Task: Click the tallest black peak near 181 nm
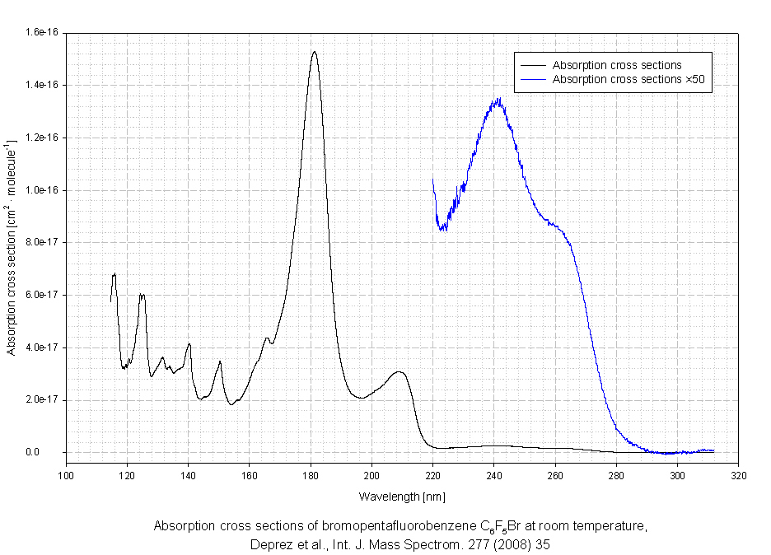point(314,52)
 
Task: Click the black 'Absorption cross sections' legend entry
point(617,65)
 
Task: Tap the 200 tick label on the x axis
point(371,475)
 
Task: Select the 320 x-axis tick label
point(738,475)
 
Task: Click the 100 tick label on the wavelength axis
point(66,475)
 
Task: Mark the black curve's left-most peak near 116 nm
point(114,274)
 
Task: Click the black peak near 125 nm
point(142,295)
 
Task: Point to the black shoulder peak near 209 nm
point(400,372)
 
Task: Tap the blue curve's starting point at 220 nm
point(433,179)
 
